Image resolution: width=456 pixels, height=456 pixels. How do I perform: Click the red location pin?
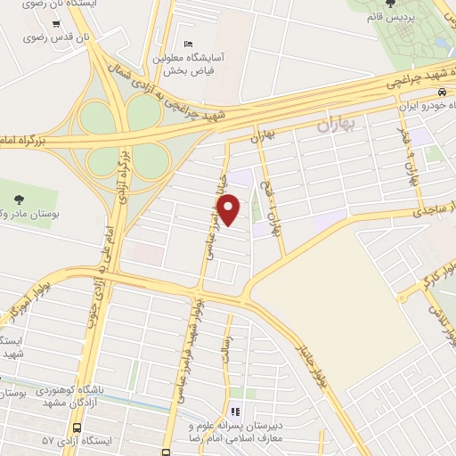(229, 209)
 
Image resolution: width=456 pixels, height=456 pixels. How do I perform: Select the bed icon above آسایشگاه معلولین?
(187, 44)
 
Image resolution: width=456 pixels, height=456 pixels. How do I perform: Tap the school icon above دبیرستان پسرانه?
(236, 411)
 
